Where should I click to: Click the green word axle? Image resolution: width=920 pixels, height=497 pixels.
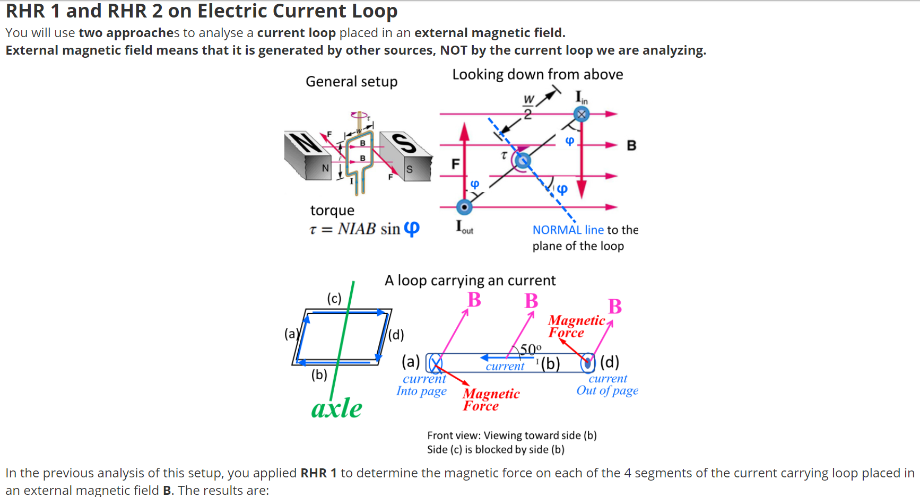pyautogui.click(x=336, y=408)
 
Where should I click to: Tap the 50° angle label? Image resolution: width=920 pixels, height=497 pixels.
pyautogui.click(x=530, y=349)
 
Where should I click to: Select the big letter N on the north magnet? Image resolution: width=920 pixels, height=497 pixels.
pyautogui.click(x=306, y=143)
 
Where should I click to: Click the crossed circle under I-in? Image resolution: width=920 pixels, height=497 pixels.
pyautogui.click(x=581, y=114)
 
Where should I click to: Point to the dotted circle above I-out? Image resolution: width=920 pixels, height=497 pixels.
pyautogui.click(x=464, y=207)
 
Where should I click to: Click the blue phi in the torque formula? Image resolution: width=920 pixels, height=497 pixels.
pyautogui.click(x=411, y=229)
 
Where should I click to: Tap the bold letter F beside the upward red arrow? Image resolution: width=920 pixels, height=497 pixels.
pyautogui.click(x=455, y=164)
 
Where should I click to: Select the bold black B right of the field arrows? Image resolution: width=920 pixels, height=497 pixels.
pyautogui.click(x=631, y=145)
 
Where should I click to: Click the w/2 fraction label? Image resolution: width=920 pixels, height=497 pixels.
pyautogui.click(x=528, y=107)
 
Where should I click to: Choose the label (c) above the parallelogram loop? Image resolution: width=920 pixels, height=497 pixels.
pyautogui.click(x=334, y=298)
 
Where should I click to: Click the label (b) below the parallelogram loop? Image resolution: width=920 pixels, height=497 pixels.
pyautogui.click(x=319, y=374)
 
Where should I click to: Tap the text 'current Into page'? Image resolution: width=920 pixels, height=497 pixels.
pyautogui.click(x=422, y=385)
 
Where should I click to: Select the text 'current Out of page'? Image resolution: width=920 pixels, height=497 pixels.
pyautogui.click(x=607, y=385)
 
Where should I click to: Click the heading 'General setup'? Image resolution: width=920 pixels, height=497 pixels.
pyautogui.click(x=351, y=82)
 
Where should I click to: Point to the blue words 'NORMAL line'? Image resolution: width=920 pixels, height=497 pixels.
pyautogui.click(x=568, y=230)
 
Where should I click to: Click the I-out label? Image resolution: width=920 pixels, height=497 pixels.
pyautogui.click(x=464, y=227)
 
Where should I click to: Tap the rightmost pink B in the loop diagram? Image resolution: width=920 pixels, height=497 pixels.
pyautogui.click(x=615, y=307)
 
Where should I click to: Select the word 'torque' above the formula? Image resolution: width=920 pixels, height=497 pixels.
pyautogui.click(x=332, y=211)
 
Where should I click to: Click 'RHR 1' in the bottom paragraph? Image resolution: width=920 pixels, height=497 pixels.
pyautogui.click(x=318, y=473)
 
